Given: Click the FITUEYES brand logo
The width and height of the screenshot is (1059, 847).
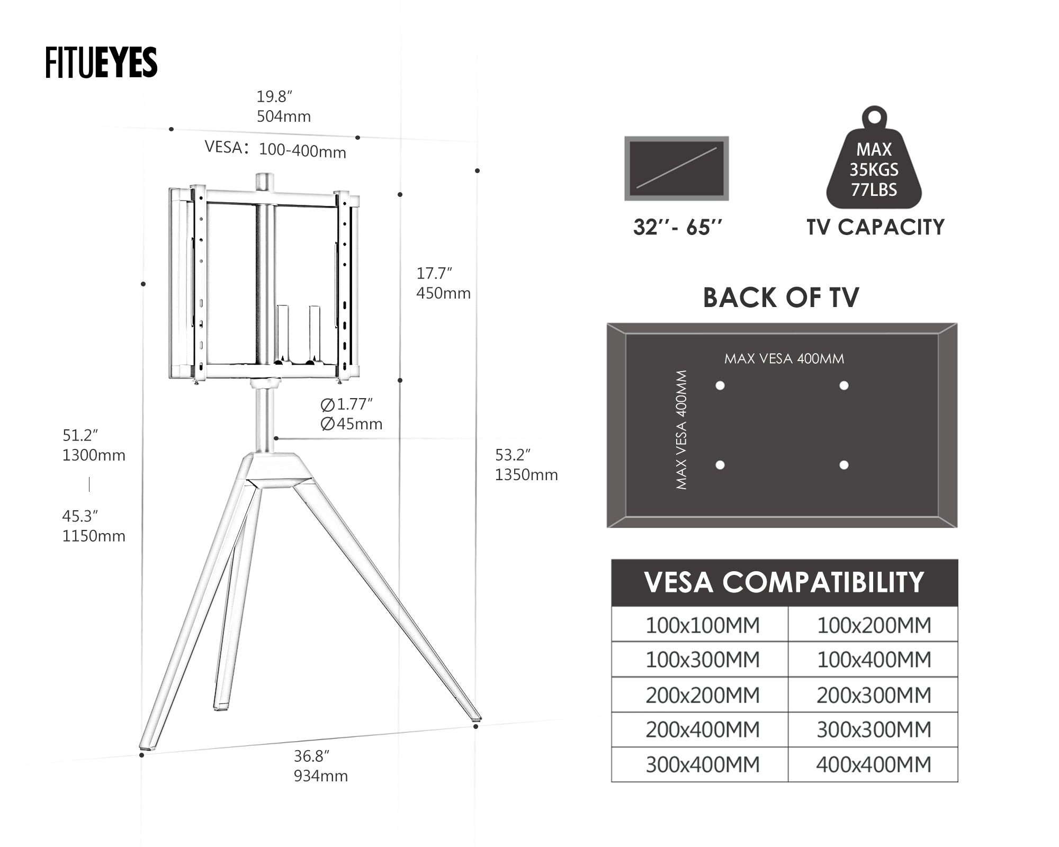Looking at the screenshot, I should [101, 62].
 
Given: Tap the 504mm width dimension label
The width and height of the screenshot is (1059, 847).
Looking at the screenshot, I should [283, 116].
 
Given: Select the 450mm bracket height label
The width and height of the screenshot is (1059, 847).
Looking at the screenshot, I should [443, 293].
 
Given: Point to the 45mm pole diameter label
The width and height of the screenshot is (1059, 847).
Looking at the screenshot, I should [352, 424].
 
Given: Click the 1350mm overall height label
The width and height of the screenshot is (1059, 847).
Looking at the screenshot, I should [526, 474].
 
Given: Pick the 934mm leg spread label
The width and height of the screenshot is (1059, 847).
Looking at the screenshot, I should [321, 776].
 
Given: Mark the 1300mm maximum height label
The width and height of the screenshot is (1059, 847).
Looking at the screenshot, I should [94, 455].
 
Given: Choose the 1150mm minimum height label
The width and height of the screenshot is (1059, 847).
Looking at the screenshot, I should [94, 536].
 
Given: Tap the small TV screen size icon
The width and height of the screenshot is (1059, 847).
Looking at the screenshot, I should [676, 168].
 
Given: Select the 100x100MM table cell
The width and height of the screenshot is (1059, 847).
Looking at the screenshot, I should [702, 625].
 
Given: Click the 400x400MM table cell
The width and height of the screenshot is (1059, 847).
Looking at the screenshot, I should [873, 764].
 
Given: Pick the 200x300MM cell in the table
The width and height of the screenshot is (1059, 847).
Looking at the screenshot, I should [873, 695].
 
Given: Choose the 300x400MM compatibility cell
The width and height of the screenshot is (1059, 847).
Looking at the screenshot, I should [702, 764].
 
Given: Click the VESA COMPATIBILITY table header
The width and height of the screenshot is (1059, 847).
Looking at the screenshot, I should [784, 582].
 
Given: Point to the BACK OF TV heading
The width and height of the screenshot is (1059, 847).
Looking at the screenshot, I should [781, 298].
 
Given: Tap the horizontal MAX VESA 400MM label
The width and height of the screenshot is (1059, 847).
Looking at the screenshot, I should [784, 358].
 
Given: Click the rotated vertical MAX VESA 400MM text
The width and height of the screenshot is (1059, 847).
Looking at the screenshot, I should [681, 429].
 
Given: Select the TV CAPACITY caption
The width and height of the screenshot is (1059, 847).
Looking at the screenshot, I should [875, 227].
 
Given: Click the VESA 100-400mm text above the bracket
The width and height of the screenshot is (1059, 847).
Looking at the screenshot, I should [275, 149].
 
